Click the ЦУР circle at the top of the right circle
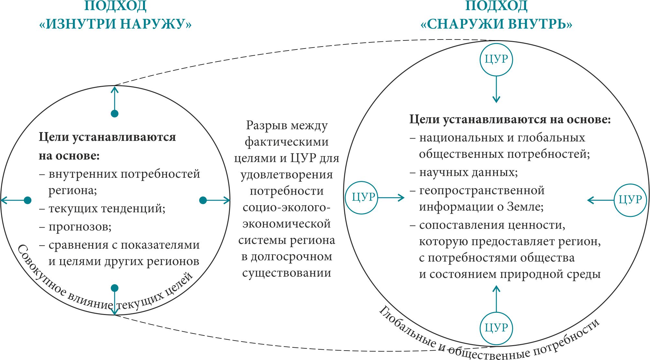pyautogui.click(x=496, y=60)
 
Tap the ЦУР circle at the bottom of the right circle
pyautogui.click(x=496, y=328)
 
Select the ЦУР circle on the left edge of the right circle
pyautogui.click(x=362, y=197)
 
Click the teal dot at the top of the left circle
pyautogui.click(x=115, y=114)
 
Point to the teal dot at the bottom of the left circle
pyautogui.click(x=115, y=288)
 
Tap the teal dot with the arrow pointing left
pyautogui.click(x=28, y=200)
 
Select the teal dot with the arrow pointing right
pyautogui.click(x=203, y=200)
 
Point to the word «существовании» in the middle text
pyautogui.click(x=287, y=273)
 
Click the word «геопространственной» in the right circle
pyautogui.click(x=482, y=190)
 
